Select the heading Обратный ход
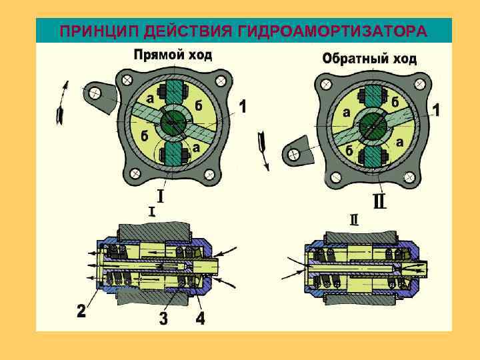click(369, 58)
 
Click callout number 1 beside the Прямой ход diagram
click(243, 107)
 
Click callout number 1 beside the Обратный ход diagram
click(437, 109)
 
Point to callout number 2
click(81, 311)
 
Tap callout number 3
click(163, 318)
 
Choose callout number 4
click(200, 318)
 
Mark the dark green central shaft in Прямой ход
click(173, 123)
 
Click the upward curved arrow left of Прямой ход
click(63, 100)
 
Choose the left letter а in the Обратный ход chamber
click(347, 113)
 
